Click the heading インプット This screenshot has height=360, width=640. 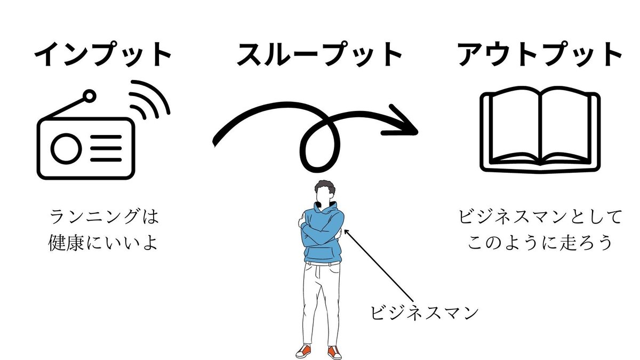104,54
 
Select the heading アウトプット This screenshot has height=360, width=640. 540,54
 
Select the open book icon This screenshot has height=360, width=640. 540,131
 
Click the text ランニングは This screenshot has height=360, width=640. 104,218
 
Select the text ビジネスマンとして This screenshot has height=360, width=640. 540,218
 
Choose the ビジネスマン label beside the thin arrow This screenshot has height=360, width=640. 424,313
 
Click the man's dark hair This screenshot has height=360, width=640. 324,188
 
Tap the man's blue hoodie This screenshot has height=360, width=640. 322,235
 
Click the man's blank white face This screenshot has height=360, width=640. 323,197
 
